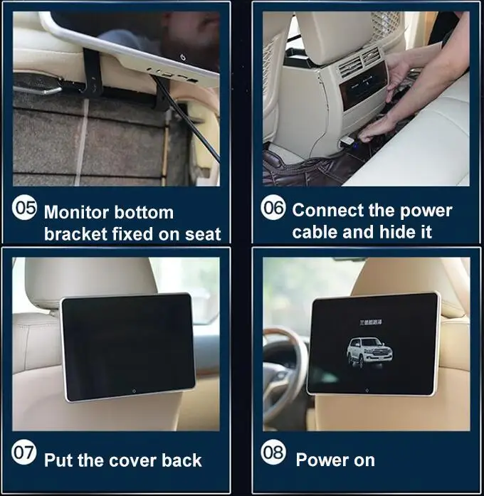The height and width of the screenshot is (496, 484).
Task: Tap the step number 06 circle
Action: [x=273, y=209]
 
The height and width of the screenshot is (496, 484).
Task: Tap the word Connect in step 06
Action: [x=326, y=211]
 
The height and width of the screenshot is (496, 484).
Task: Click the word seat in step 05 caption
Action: [x=201, y=233]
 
